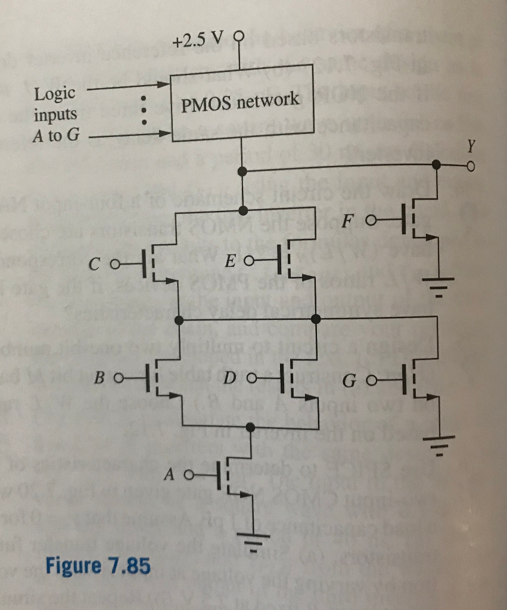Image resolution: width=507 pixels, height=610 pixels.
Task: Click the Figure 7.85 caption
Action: click(x=98, y=565)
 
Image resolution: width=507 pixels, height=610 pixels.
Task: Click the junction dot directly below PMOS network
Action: click(x=241, y=172)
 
